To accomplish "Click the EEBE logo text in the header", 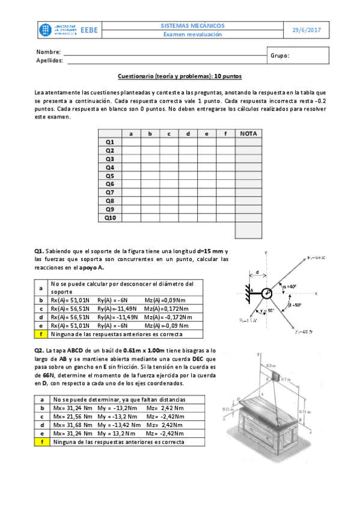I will [89, 29].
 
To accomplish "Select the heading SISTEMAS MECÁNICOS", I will [193, 26].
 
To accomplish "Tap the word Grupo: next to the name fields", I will [280, 55].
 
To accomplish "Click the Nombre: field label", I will [49, 52].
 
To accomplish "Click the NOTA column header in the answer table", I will [248, 134].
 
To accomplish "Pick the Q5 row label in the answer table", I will [110, 176].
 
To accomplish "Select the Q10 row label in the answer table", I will [110, 218].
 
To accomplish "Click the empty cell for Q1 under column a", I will [131, 142].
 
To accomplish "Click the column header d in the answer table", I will [188, 134].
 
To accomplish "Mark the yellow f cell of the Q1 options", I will [41, 334].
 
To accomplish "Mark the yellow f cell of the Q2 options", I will [41, 442].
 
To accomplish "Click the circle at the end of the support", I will [266, 293].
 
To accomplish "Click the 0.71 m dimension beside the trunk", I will [319, 411].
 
